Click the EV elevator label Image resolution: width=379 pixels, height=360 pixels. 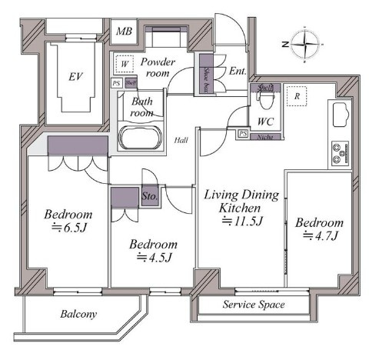(x=75, y=76)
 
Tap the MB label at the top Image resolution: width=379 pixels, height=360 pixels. (x=124, y=32)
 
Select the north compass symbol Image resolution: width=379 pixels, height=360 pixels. (x=307, y=43)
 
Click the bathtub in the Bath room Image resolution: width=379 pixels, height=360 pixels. (x=139, y=138)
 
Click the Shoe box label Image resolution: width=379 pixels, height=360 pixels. (x=208, y=79)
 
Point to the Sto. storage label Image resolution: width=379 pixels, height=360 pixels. (x=151, y=197)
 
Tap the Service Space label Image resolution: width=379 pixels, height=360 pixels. (x=253, y=305)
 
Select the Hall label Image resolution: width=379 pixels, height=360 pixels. (x=181, y=140)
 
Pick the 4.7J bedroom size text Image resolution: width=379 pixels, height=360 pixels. (x=318, y=237)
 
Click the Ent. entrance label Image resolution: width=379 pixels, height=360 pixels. (x=238, y=72)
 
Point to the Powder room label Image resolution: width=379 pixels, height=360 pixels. (x=159, y=68)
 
